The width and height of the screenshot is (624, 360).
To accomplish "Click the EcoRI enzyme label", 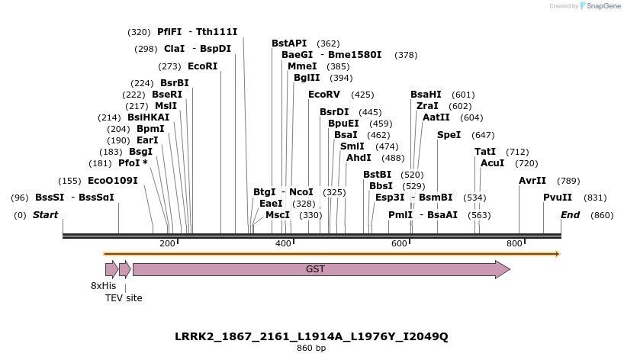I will click(202, 66).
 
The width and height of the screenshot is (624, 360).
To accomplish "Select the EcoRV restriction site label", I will click(323, 95).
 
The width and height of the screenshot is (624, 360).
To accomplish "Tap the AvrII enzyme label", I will click(532, 181).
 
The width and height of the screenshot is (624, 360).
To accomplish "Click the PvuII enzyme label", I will click(557, 198).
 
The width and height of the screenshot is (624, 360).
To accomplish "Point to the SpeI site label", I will click(449, 135).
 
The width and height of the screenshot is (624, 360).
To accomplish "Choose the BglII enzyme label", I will click(307, 78).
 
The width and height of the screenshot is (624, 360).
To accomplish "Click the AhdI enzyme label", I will click(359, 158).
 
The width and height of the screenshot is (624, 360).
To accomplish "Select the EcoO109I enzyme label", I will click(112, 181).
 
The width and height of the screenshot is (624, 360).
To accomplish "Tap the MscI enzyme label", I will click(278, 215).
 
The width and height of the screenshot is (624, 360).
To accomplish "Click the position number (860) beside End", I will click(602, 215).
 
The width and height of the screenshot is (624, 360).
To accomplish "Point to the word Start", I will click(45, 215).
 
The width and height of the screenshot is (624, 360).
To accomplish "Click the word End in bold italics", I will click(570, 215).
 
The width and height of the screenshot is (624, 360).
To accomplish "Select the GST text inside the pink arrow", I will click(315, 269).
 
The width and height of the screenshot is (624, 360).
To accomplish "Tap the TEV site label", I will click(124, 298).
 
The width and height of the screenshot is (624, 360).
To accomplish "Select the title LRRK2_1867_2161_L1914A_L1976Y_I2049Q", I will click(311, 336).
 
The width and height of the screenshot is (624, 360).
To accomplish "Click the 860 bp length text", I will click(311, 349).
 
